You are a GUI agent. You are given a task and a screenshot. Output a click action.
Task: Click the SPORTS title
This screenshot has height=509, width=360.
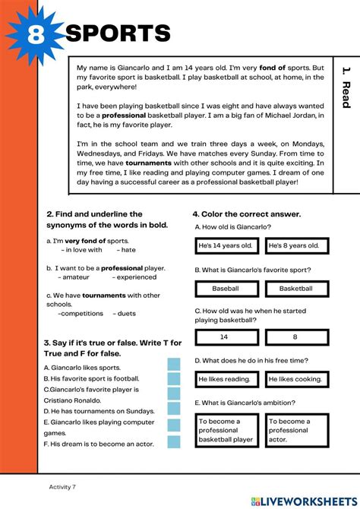point(118,33)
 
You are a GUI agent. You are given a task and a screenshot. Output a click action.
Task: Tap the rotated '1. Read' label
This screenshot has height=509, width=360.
point(346,87)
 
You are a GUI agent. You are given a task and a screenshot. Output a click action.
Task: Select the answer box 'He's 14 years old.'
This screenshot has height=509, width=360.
point(226,245)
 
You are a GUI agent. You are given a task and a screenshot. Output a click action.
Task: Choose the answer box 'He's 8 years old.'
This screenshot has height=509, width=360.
point(296,245)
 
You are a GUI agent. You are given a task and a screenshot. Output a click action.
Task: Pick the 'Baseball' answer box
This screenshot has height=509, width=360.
point(226,289)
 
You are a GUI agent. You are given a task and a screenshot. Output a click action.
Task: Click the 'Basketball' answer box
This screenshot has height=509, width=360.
point(296,289)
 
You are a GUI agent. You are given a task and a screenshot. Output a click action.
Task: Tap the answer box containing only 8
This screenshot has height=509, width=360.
point(296,336)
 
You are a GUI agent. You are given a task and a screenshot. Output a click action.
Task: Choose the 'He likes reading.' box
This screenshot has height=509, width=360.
point(226,378)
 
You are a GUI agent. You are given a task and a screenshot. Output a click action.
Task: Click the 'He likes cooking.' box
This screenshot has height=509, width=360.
point(296,378)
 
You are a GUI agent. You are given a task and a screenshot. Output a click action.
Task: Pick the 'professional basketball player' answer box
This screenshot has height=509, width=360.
point(226,430)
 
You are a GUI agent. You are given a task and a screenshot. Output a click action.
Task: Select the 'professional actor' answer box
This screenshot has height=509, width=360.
point(296,430)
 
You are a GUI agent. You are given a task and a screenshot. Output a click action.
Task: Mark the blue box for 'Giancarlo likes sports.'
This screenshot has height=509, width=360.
point(174,365)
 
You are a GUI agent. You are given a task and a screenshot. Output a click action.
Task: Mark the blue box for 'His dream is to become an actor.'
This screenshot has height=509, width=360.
point(174,443)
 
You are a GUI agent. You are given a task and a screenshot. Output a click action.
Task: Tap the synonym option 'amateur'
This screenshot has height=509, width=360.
point(76,277)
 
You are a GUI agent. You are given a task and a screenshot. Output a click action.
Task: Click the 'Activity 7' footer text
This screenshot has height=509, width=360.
point(62,486)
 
